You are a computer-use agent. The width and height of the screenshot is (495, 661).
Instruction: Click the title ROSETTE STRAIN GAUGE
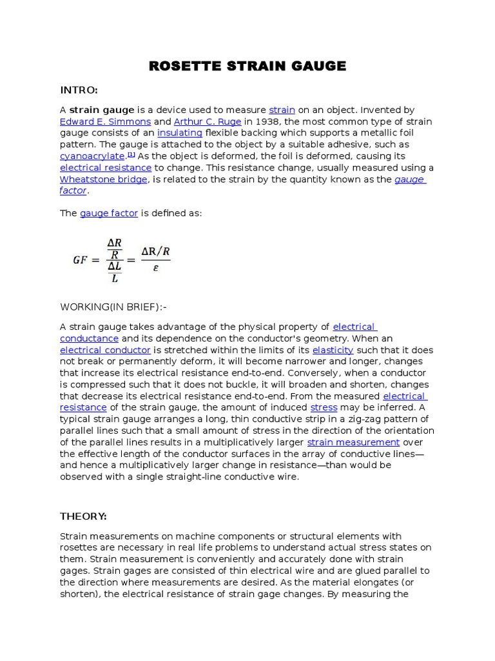point(247,66)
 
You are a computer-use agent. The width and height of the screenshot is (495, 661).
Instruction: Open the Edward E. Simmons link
point(105,121)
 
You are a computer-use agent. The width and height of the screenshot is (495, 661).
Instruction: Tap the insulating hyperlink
point(180,133)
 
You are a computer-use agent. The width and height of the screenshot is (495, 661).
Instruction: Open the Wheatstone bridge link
point(104,179)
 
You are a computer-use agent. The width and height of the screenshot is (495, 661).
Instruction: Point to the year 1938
point(268,121)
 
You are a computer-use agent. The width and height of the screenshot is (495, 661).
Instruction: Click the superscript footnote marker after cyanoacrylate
point(131,154)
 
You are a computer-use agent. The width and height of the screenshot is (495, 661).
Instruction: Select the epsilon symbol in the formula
point(155,269)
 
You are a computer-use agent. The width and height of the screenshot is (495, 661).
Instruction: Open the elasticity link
point(333,350)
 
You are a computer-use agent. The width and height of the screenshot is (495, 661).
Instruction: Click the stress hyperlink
point(324,408)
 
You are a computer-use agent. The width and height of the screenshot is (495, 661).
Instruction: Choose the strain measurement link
point(353,443)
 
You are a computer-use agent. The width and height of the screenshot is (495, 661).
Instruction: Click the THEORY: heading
point(83,516)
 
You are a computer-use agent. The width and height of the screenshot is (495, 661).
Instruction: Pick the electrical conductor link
point(105,350)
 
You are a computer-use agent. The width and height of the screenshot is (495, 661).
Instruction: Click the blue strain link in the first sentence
point(282,110)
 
